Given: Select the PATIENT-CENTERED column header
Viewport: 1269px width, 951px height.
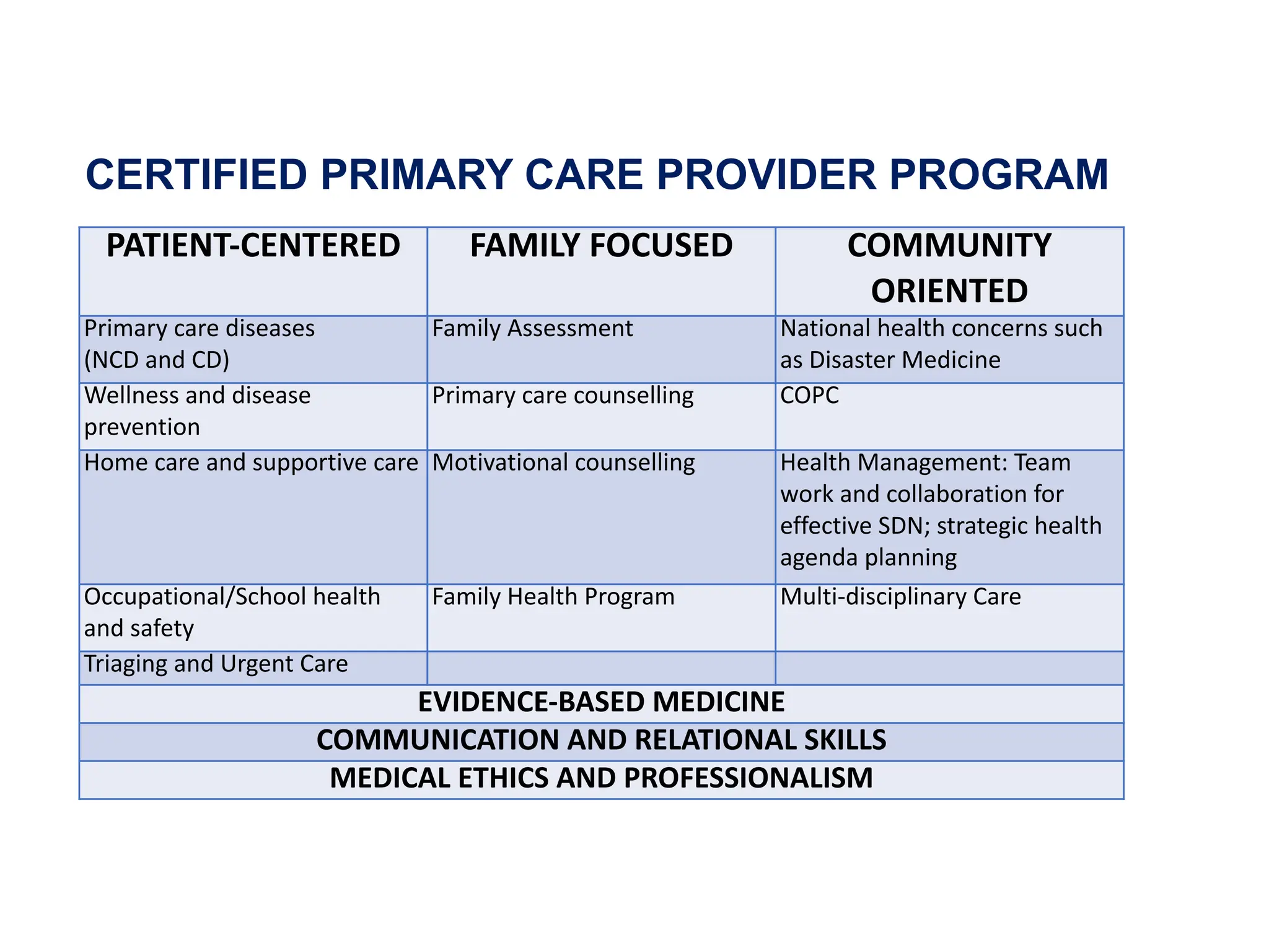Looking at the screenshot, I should pyautogui.click(x=253, y=246).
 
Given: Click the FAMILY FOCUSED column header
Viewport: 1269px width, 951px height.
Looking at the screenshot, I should pyautogui.click(x=601, y=246).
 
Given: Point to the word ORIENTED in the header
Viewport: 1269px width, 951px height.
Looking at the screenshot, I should pyautogui.click(x=949, y=291).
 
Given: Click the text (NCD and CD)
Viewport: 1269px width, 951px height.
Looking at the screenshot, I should pyautogui.click(x=157, y=360).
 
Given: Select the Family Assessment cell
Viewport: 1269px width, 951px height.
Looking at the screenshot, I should pyautogui.click(x=532, y=329).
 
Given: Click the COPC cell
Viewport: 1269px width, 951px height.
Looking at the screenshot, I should pyautogui.click(x=809, y=396).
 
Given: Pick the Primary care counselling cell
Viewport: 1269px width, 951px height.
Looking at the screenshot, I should pyautogui.click(x=563, y=396).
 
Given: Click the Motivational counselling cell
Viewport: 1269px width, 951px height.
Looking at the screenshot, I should pyautogui.click(x=563, y=463).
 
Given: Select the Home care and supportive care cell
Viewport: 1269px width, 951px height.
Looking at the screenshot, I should pyautogui.click(x=251, y=463).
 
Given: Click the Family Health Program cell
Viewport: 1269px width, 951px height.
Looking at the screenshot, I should pyautogui.click(x=553, y=597).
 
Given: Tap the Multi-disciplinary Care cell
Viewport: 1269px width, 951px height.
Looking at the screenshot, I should pyautogui.click(x=900, y=597).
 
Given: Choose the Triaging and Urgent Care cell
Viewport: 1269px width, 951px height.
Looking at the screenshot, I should pyautogui.click(x=216, y=664).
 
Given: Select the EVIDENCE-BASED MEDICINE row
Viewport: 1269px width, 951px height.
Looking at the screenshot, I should pyautogui.click(x=601, y=702).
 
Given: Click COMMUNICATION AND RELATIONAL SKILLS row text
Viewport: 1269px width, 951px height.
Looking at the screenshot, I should pyautogui.click(x=601, y=740).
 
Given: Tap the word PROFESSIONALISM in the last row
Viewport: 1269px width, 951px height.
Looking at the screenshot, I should pyautogui.click(x=749, y=778).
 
